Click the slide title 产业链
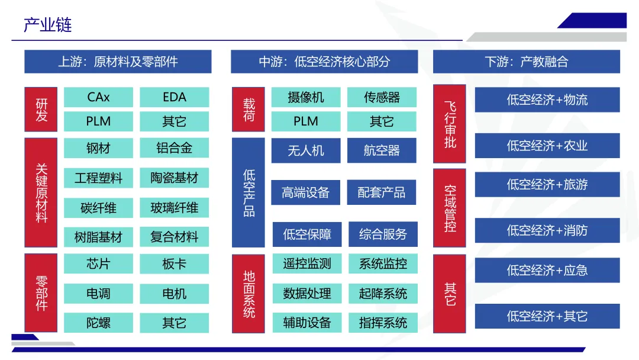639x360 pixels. [x=48, y=25]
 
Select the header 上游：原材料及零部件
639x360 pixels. [x=118, y=62]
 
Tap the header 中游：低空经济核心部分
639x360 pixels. [x=324, y=62]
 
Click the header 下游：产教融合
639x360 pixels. [x=526, y=62]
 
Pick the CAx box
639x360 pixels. [x=98, y=97]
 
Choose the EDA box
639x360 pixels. [x=175, y=97]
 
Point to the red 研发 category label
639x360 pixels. [x=41, y=110]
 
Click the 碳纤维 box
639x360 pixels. [x=98, y=208]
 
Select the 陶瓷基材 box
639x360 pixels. [x=175, y=178]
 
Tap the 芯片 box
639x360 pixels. [x=98, y=263]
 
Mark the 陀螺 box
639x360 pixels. [x=98, y=323]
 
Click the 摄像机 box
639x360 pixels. [x=306, y=97]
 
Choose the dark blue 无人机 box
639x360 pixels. [x=306, y=150]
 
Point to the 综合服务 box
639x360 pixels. [x=383, y=234]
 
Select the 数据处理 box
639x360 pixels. [x=306, y=293]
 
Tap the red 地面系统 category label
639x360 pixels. [x=248, y=294]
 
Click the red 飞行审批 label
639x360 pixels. [x=450, y=124]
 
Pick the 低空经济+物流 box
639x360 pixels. [x=547, y=100]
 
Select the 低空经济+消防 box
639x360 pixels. [x=547, y=230]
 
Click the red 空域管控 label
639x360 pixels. [x=450, y=208]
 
